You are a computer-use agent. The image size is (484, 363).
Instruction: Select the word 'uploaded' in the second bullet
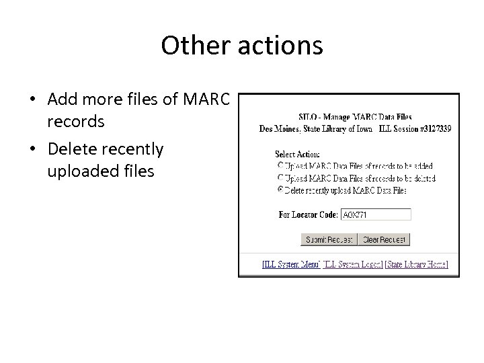point(79,171)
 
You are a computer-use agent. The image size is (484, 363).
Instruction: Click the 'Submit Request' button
point(328,239)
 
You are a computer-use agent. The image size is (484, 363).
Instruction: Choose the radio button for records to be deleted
point(280,178)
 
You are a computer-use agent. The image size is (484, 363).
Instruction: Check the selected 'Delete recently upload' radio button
point(280,190)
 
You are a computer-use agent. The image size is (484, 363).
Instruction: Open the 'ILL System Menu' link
point(290,265)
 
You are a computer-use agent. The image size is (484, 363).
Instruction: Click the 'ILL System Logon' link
point(353,265)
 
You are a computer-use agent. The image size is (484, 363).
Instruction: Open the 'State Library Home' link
point(417,265)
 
